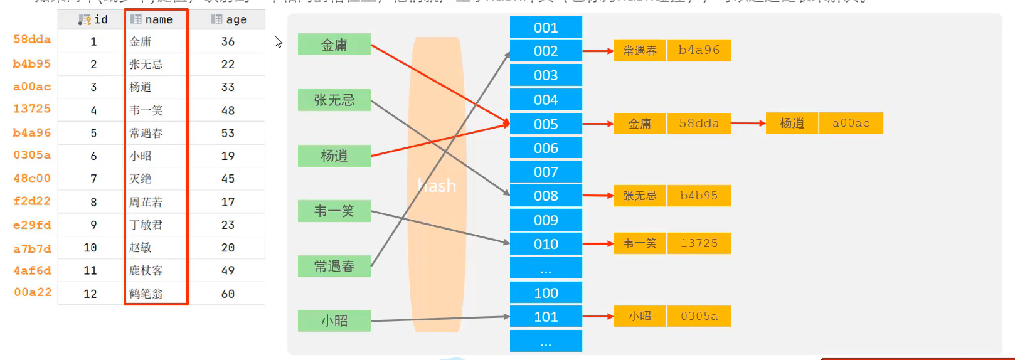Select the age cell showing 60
(228, 294)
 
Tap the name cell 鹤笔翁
(146, 294)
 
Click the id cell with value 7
(93, 179)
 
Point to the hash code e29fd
(32, 225)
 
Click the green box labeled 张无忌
(334, 100)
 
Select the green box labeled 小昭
(334, 320)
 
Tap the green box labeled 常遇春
(334, 266)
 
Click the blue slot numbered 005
(546, 124)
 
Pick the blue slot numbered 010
(546, 244)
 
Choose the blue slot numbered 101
(546, 317)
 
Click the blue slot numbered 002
(546, 51)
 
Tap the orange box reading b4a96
(699, 50)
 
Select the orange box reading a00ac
(851, 123)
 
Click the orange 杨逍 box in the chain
(792, 123)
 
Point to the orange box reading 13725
(699, 243)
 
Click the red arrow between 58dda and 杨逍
(748, 123)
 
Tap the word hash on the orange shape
(437, 186)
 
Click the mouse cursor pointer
(278, 41)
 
